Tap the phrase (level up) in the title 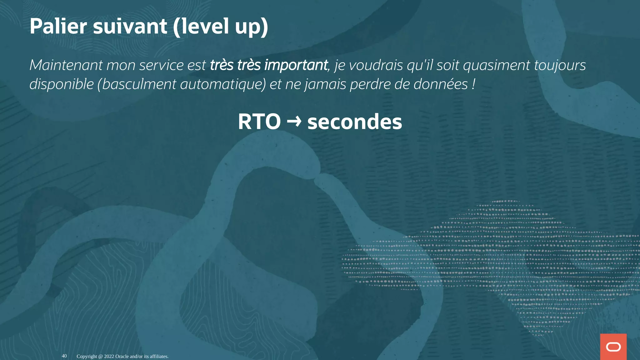[220, 27]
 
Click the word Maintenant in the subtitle [66, 65]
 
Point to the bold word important [296, 66]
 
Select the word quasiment [497, 66]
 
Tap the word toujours [560, 66]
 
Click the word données [441, 84]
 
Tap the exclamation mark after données [474, 84]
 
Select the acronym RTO [259, 122]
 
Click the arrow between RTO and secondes [294, 121]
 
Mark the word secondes [355, 122]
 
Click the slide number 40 [64, 356]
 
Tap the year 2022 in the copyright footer [109, 356]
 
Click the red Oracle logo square [613, 347]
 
